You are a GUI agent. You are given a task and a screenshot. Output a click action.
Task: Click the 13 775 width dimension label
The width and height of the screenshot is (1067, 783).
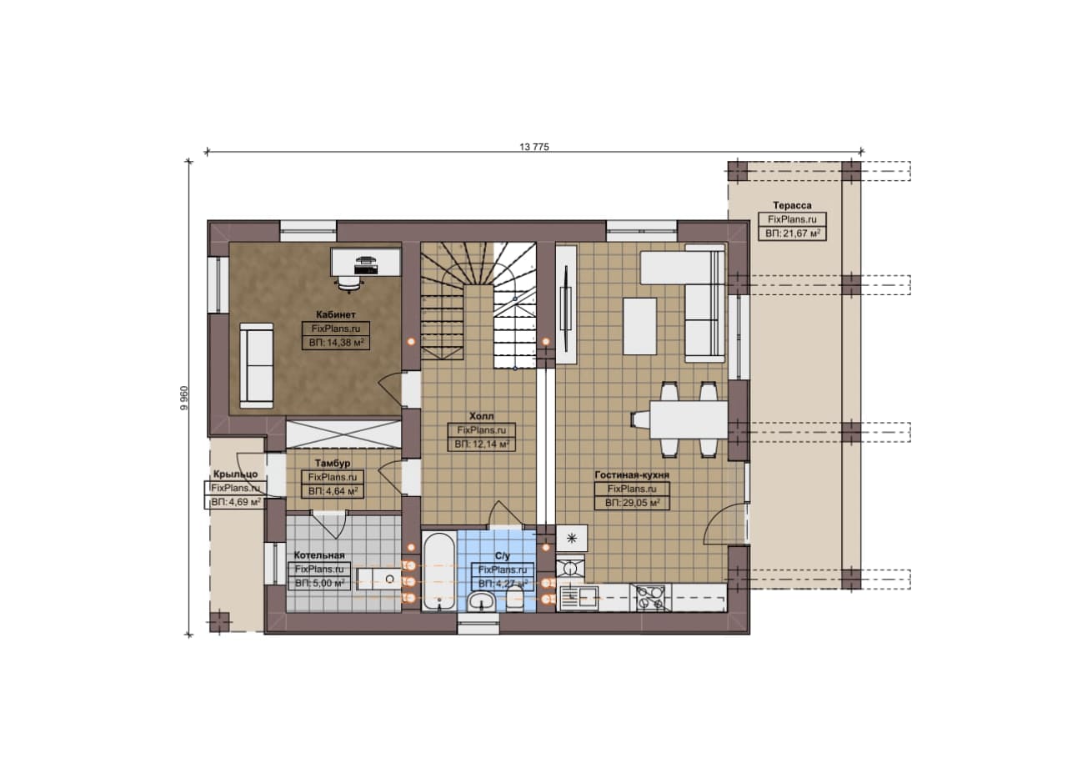[533, 147]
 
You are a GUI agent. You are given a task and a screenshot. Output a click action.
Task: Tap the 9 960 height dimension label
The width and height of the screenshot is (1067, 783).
[184, 398]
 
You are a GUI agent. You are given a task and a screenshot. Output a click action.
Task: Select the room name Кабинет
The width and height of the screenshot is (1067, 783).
[335, 314]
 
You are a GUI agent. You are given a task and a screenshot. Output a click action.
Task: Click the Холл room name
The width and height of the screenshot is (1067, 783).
[481, 416]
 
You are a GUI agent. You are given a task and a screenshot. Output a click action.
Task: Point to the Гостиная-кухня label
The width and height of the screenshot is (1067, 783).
[632, 474]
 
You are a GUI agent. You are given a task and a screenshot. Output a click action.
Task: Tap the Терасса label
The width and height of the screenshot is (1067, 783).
[792, 205]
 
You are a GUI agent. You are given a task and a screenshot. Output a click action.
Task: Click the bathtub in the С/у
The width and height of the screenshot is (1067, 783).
[438, 571]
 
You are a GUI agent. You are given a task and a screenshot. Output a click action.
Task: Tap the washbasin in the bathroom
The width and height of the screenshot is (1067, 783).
[482, 601]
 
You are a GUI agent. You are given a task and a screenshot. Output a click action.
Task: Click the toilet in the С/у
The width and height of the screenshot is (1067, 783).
[514, 599]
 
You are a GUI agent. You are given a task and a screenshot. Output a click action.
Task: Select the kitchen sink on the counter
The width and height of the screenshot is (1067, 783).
[579, 598]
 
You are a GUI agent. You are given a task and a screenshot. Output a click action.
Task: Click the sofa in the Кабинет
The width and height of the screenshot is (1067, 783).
[256, 365]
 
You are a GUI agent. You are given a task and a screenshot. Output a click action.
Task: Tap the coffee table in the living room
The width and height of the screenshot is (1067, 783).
[639, 326]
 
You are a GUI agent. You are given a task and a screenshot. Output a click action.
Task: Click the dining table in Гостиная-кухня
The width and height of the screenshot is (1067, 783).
[689, 420]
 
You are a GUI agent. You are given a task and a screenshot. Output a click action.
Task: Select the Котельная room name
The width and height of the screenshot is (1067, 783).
[318, 555]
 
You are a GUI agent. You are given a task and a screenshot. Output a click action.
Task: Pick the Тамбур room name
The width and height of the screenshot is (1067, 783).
[333, 464]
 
